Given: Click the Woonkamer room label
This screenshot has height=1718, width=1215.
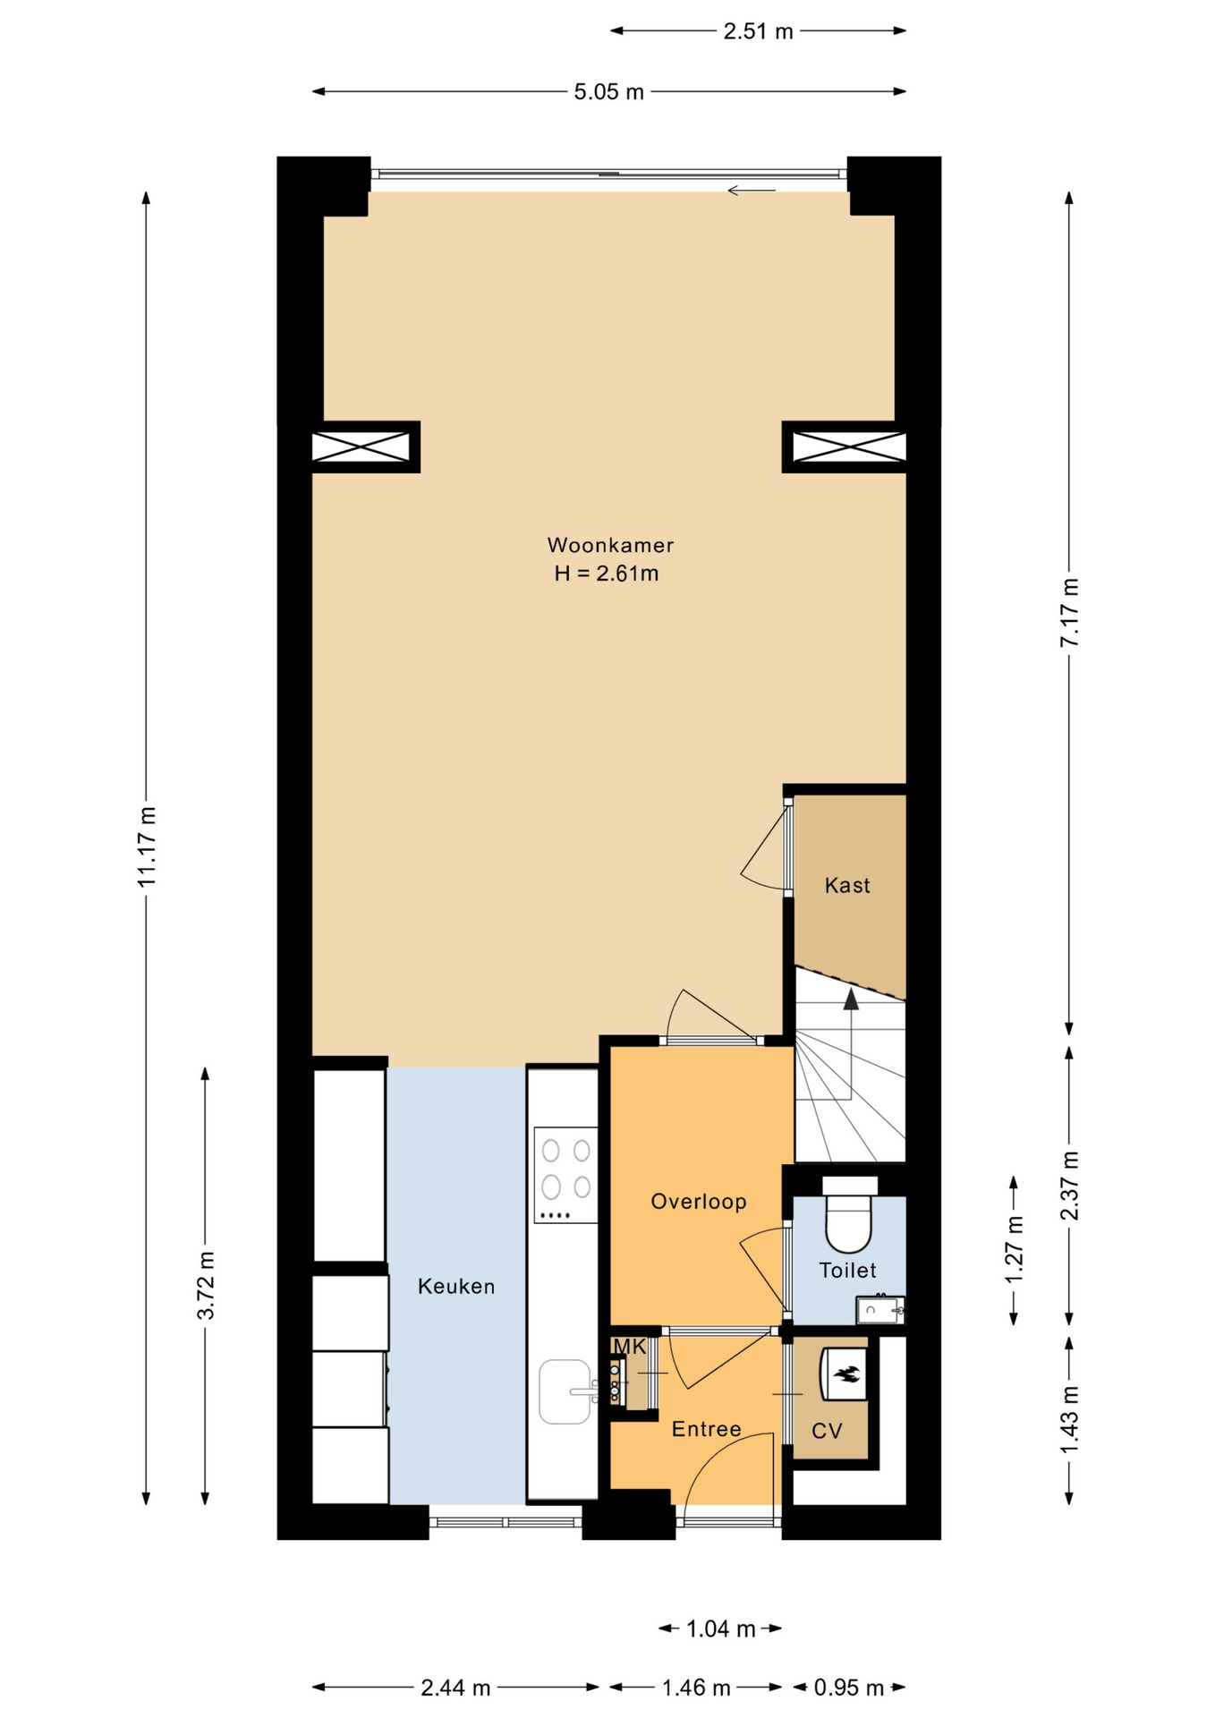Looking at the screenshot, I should [610, 545].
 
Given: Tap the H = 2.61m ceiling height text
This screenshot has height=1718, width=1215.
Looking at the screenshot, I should [606, 574].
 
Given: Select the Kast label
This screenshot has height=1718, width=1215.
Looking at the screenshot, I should [846, 885].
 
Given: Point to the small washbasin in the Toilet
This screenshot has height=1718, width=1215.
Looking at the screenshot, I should [879, 1311].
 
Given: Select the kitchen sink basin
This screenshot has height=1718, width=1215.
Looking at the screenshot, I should [565, 1391].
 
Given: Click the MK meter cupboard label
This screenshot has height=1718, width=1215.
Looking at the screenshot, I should [629, 1347].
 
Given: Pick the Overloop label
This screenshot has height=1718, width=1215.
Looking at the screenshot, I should [698, 1202].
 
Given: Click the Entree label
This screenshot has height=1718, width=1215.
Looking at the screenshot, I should [706, 1429].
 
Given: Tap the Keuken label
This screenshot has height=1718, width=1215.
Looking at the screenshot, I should [456, 1287].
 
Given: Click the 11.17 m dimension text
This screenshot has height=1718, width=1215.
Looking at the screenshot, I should [147, 846].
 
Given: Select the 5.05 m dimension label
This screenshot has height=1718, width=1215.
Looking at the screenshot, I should [608, 92].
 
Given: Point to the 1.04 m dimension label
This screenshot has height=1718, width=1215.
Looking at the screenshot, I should [720, 1629].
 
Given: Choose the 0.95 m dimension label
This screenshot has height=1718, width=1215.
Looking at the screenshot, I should [848, 1688].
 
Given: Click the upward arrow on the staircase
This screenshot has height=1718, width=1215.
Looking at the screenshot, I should [850, 999].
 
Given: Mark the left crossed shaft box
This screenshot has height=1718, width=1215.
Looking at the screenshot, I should [361, 447].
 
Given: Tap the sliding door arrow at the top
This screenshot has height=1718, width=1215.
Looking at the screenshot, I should [751, 190].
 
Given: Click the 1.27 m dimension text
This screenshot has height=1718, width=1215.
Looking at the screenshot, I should [1014, 1250].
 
